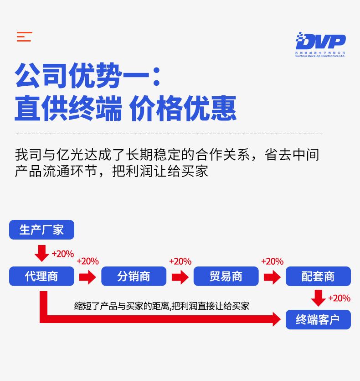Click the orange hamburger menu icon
(x=24, y=37)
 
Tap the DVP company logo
(x=320, y=44)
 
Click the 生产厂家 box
(x=41, y=230)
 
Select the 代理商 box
(x=41, y=276)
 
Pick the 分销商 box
(x=134, y=276)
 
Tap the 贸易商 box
(x=226, y=276)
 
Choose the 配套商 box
(x=318, y=276)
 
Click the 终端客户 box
(x=318, y=319)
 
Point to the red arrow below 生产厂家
(x=42, y=253)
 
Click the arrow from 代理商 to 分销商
(x=87, y=277)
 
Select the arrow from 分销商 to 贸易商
(x=180, y=277)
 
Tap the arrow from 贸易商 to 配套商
(x=272, y=277)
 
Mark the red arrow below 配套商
(x=318, y=297)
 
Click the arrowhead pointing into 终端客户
(x=276, y=319)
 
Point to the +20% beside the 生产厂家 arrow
(x=62, y=254)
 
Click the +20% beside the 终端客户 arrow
(x=339, y=298)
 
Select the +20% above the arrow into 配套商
(x=272, y=261)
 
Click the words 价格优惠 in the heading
(x=183, y=109)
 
